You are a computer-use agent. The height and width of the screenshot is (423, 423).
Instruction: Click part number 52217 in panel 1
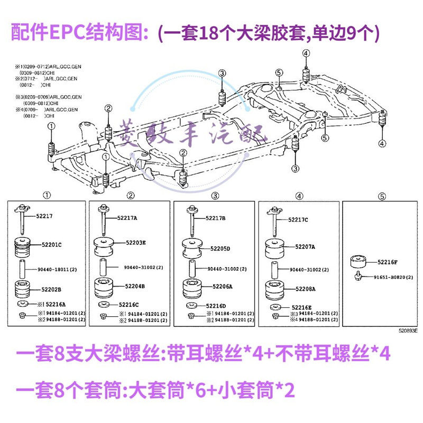click(x=44, y=217)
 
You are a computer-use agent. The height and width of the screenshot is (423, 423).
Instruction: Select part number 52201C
click(x=52, y=245)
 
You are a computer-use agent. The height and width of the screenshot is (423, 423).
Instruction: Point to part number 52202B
click(x=52, y=289)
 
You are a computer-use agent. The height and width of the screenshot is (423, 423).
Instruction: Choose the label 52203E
click(x=136, y=243)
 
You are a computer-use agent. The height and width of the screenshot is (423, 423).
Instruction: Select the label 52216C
click(x=129, y=305)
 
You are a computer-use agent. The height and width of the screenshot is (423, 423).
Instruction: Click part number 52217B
click(x=215, y=218)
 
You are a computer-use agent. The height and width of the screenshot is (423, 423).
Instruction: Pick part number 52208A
click(x=304, y=289)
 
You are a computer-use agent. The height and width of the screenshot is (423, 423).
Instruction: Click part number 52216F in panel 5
click(x=389, y=261)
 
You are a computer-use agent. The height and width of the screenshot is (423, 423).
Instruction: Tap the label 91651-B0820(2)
click(x=393, y=277)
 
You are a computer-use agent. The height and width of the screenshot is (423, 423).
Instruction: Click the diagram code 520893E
click(x=408, y=330)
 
